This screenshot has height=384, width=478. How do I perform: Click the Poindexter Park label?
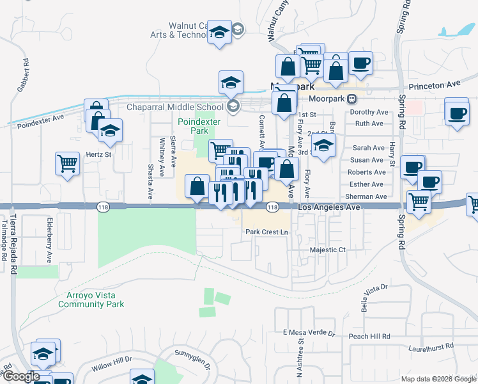point(193,126)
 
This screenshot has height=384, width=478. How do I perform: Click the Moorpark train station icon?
point(351,99)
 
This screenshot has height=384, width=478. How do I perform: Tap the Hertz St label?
point(99,154)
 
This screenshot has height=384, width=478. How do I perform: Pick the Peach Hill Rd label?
point(369,336)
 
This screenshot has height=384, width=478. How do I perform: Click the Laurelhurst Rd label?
point(431,346)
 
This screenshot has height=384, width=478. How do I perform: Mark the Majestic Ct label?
point(327,250)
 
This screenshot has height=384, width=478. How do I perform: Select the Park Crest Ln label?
point(268,232)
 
